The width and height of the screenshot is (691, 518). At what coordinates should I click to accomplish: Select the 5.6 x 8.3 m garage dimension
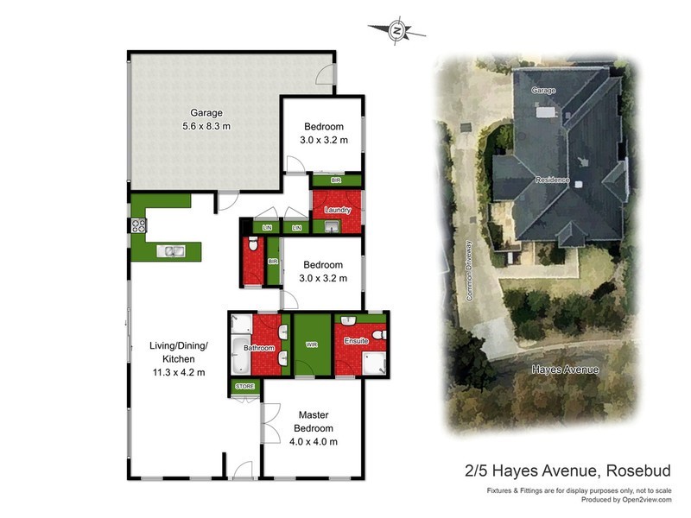pyautogui.click(x=206, y=126)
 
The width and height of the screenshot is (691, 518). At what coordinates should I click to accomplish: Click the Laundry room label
pyautogui.click(x=337, y=211)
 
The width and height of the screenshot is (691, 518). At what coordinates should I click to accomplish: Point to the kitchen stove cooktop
pyautogui.click(x=137, y=226)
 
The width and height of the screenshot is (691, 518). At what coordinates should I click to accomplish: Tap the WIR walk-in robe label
pyautogui.click(x=312, y=344)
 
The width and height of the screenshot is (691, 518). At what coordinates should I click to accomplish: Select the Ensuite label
pyautogui.click(x=356, y=341)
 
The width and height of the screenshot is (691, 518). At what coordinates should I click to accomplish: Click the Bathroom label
pyautogui.click(x=258, y=348)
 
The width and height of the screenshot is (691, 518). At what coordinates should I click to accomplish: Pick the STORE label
pyautogui.click(x=245, y=388)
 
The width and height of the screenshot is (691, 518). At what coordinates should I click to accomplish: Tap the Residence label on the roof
pyautogui.click(x=553, y=180)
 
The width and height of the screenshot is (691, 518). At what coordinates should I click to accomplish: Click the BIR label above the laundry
pyautogui.click(x=336, y=180)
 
